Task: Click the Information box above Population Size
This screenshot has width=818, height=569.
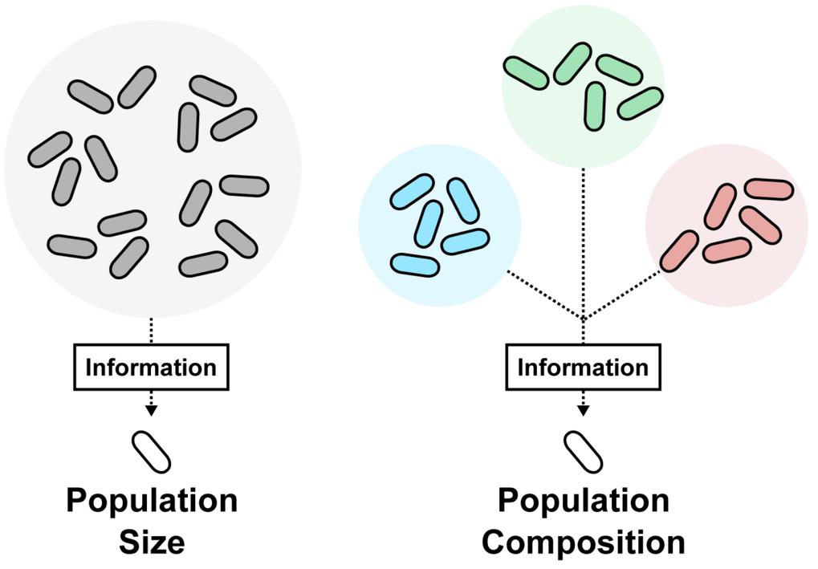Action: (x=151, y=367)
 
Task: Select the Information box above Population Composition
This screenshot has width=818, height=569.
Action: (x=584, y=367)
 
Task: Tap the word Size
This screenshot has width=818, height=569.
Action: (x=152, y=543)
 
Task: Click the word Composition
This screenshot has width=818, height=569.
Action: (x=584, y=543)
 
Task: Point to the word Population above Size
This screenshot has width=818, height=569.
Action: (x=152, y=501)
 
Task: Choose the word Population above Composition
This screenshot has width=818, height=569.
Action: (x=584, y=501)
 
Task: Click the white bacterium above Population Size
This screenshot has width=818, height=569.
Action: (x=151, y=452)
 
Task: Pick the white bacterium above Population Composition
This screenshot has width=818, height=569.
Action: (x=584, y=452)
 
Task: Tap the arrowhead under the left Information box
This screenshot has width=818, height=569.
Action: (x=151, y=410)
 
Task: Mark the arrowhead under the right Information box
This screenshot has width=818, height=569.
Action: (x=584, y=410)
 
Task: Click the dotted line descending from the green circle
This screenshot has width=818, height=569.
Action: (x=584, y=255)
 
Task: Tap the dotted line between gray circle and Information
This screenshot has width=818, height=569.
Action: (x=151, y=330)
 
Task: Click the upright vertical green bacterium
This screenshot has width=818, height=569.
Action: (x=595, y=107)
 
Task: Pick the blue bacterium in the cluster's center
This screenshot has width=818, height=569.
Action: (x=429, y=224)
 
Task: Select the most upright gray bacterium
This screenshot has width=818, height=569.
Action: (x=188, y=128)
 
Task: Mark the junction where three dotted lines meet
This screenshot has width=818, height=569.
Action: (x=584, y=319)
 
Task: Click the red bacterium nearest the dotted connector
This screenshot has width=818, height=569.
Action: (x=679, y=251)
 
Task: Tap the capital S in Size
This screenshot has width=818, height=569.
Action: (x=128, y=543)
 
